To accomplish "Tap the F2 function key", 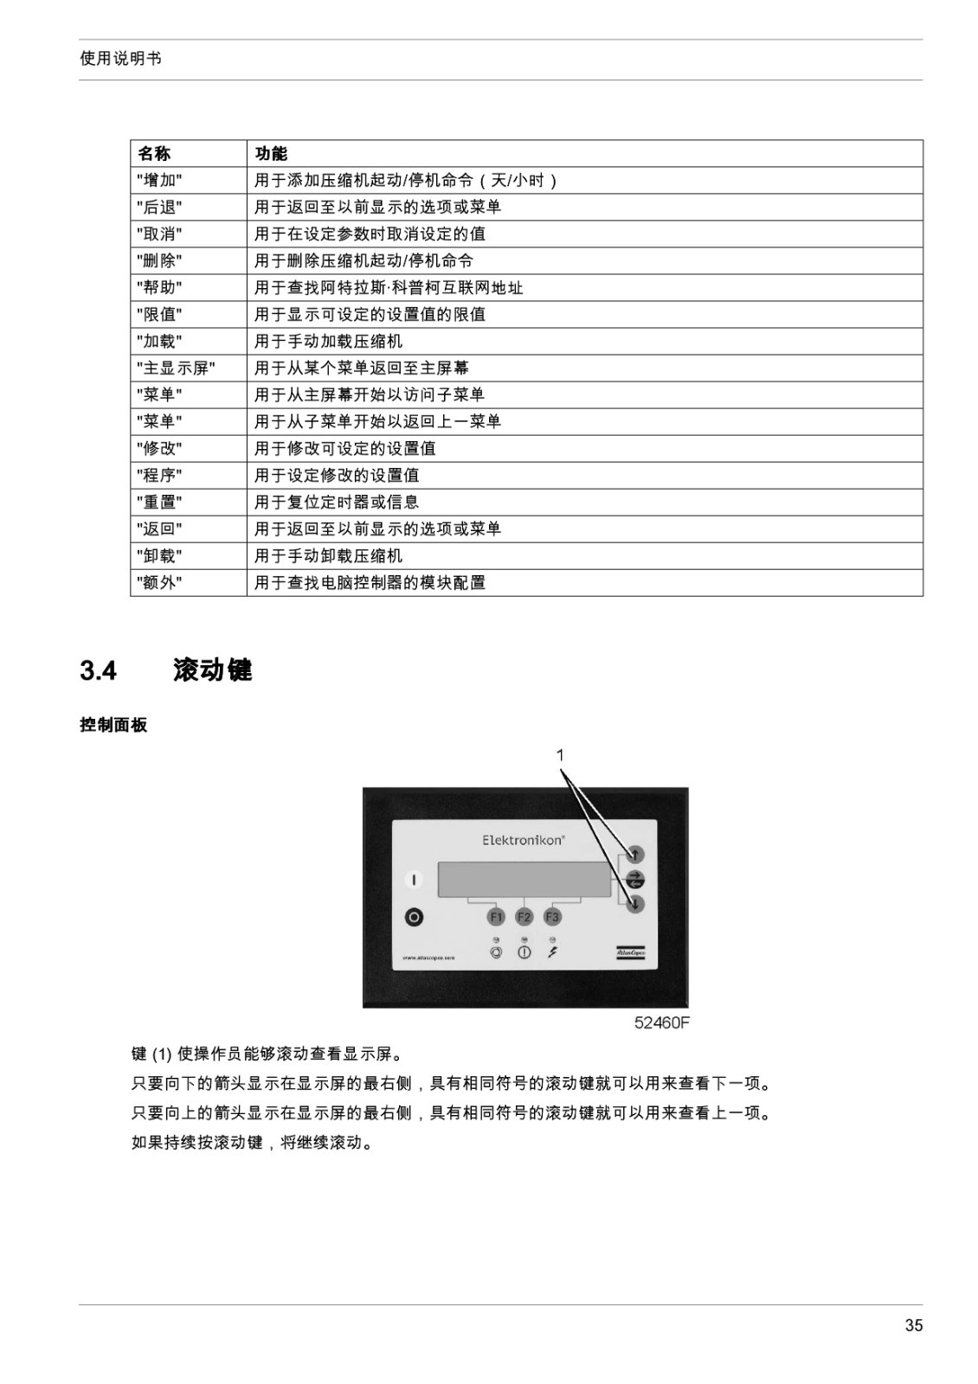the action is coord(524,917).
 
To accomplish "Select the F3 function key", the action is coord(552,917).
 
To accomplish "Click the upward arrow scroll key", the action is coord(635,855).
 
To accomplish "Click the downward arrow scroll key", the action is coord(635,904).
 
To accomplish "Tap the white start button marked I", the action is coord(414,879).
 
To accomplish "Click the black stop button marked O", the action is coord(414,918).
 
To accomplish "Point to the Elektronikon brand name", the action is coord(523,840).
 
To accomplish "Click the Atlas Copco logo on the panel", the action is coord(630,952).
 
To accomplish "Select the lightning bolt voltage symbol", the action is coord(552,952).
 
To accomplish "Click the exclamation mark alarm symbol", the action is coord(524,952).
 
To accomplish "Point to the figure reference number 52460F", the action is coord(661,1023).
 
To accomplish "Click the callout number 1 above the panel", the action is coord(560,755).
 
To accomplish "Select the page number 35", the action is coord(914,1325).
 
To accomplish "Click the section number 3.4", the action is coord(99,670).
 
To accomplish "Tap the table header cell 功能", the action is coord(271,153).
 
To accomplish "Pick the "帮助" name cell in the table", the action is coord(159,287).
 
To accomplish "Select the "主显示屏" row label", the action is coord(176,368).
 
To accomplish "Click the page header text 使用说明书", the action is coord(120,59).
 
